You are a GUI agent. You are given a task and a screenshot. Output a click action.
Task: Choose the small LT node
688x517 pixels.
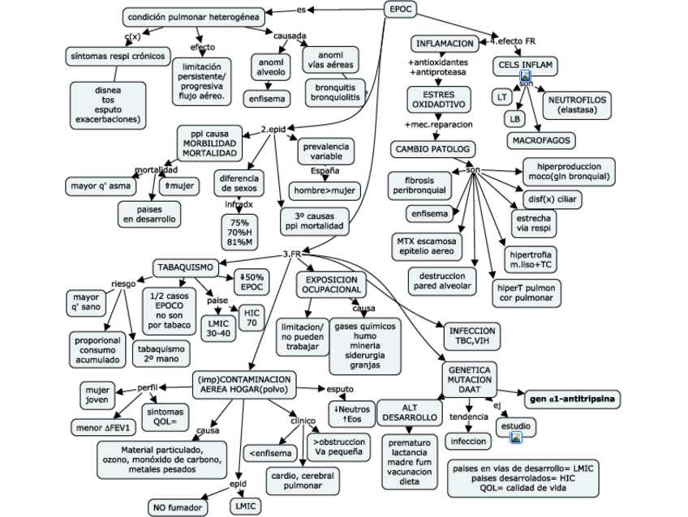click(502, 96)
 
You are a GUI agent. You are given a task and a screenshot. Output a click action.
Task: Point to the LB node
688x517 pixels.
click(514, 118)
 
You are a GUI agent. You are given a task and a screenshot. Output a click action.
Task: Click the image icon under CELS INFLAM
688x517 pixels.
click(525, 75)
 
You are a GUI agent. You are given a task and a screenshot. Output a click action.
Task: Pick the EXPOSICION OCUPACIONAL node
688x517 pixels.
click(333, 283)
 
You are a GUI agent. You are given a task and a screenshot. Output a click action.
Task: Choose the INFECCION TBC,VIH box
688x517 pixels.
click(471, 336)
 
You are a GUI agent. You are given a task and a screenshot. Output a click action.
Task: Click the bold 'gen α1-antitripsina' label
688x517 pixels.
click(572, 399)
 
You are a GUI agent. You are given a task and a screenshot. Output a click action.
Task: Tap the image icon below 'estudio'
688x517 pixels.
click(515, 438)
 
